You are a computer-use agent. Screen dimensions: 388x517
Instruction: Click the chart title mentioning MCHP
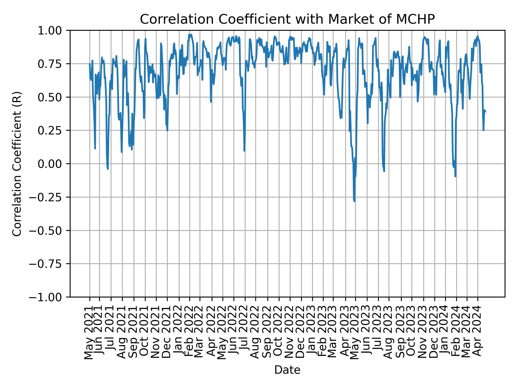coord(287,19)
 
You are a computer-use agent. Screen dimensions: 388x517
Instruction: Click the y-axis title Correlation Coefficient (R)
coord(17,164)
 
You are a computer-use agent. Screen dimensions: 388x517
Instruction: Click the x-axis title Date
coord(287,370)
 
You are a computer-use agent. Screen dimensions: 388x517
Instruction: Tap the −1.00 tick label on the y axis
coord(49,297)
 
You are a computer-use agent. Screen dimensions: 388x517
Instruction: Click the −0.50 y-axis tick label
coord(49,230)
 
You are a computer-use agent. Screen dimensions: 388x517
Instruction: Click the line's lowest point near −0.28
coord(354,201)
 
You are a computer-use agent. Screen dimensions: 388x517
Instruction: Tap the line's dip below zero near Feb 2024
coord(455,176)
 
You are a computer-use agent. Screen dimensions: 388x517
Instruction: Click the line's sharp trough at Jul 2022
coord(244,151)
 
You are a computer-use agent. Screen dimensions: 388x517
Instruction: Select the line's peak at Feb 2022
coord(190,34)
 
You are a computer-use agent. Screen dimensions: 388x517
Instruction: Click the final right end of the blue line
coord(485,112)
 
